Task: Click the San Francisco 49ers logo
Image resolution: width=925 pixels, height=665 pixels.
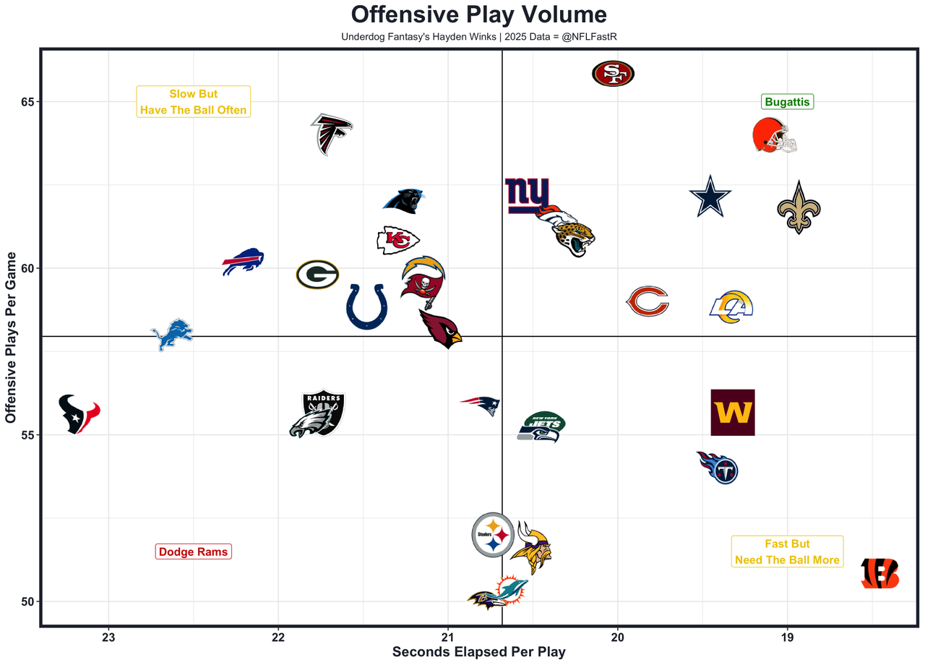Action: [613, 73]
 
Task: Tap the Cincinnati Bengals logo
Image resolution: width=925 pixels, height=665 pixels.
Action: [880, 573]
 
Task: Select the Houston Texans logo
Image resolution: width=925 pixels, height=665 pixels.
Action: [78, 414]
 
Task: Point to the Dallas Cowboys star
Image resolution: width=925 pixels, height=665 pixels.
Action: [710, 197]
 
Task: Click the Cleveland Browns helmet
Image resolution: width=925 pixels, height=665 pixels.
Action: [774, 136]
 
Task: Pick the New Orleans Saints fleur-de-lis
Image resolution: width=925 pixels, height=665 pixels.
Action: [799, 208]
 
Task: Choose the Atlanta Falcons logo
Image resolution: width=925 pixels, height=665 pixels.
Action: [332, 134]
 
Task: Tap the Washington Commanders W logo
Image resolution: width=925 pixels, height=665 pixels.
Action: [733, 413]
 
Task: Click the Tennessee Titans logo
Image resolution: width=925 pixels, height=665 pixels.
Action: [718, 468]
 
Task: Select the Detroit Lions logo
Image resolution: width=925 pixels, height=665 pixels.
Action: [172, 335]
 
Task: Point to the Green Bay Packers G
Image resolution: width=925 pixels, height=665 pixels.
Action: [317, 275]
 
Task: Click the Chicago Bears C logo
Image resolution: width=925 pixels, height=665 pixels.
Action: [647, 301]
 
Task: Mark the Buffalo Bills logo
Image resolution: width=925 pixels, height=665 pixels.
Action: [243, 261]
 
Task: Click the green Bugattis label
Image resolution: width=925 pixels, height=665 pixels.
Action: [787, 102]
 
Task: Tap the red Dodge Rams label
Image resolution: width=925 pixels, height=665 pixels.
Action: [193, 552]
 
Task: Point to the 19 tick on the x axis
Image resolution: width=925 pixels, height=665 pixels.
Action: [787, 638]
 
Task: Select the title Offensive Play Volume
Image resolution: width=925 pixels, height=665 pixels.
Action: [478, 14]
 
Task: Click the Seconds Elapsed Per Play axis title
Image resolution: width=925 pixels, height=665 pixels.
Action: [478, 652]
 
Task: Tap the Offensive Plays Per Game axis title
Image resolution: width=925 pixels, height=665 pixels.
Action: [11, 337]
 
